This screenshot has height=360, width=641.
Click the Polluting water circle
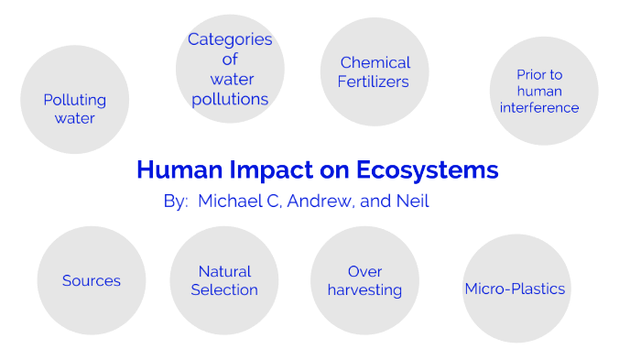[74, 100]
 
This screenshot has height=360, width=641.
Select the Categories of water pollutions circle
[230, 69]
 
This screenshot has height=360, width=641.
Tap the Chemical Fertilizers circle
[375, 71]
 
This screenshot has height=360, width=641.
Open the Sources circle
[92, 280]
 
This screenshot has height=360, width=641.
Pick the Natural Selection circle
[224, 280]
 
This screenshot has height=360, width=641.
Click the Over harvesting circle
[364, 280]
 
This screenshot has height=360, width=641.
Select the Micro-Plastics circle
[516, 289]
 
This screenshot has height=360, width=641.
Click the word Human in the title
[175, 170]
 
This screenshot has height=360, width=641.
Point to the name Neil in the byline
[413, 202]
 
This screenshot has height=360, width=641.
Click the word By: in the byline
[176, 202]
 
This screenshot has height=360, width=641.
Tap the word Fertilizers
[375, 81]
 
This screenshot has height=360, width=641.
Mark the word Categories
[230, 39]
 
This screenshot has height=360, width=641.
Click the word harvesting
[364, 290]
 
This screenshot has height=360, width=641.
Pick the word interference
[539, 107]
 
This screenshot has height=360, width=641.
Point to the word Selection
[224, 290]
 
